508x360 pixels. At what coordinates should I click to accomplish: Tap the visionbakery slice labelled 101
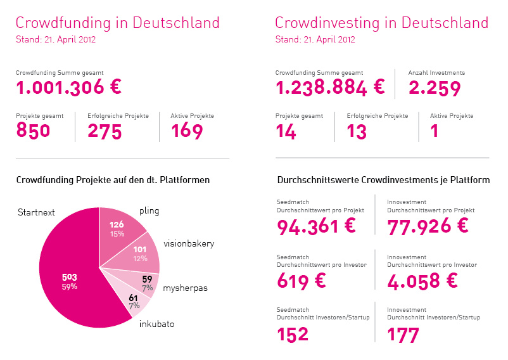[140, 254]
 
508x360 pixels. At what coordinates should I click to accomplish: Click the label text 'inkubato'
[156, 324]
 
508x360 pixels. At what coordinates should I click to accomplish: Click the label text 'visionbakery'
[189, 243]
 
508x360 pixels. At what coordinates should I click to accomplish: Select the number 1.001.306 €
[68, 88]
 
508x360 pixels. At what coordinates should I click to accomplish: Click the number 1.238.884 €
[329, 88]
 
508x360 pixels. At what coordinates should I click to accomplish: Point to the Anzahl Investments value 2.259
[435, 88]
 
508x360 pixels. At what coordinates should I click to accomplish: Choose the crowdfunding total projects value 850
[33, 131]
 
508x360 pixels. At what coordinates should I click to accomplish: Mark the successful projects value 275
[109, 131]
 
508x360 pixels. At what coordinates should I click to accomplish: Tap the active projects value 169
[187, 131]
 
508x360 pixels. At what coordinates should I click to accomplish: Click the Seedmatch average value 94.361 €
[317, 226]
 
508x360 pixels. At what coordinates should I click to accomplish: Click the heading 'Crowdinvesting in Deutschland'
[381, 23]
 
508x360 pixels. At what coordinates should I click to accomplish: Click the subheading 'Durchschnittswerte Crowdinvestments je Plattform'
[383, 180]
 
